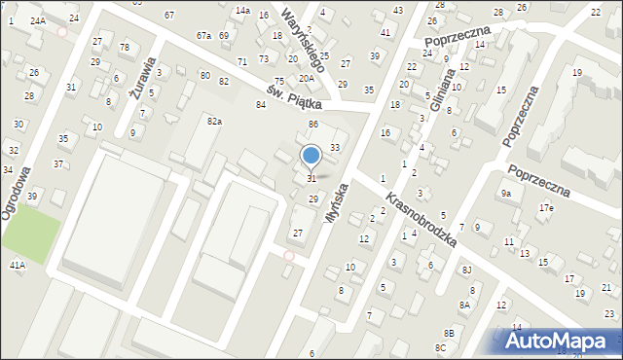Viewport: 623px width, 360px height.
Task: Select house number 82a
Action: [214, 121]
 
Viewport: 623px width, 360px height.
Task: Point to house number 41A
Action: [18, 265]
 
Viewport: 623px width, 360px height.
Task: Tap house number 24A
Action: [37, 20]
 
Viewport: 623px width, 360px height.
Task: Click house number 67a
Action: [203, 36]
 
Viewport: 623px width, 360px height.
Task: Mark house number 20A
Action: [306, 78]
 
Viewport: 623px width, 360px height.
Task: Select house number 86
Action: [313, 125]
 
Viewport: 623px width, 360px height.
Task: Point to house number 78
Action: [124, 47]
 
